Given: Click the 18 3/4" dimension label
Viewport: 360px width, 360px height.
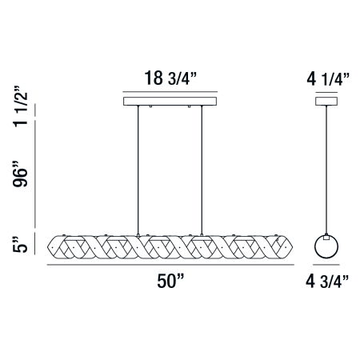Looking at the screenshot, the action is coord(170,78).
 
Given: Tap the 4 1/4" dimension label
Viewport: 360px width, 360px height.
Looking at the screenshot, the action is coord(328,79).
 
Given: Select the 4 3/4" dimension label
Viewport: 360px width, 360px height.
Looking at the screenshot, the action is coord(327,282).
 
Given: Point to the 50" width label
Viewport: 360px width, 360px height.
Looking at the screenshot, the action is coord(170,281).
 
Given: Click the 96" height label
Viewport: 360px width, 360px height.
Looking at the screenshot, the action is coord(20,174).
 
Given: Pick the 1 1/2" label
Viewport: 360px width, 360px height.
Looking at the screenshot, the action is coord(20,106).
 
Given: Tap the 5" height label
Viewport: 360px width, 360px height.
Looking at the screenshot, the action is coord(20,244).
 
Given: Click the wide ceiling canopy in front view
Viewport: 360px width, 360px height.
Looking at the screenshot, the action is coord(170,102).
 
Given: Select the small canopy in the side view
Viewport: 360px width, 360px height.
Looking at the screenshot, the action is coord(326,102).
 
